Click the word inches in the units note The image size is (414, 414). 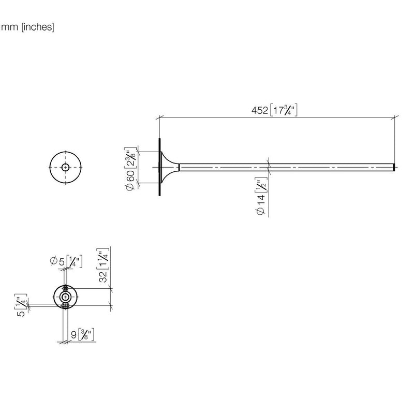(x=37, y=27)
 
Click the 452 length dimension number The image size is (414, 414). (x=260, y=110)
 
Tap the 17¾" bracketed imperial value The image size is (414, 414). (x=284, y=110)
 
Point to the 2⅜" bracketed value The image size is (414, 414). (x=130, y=158)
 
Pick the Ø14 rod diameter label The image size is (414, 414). (x=261, y=204)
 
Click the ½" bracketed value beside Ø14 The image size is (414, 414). (x=261, y=185)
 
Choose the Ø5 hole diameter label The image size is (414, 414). (x=57, y=261)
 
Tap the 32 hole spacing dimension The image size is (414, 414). (x=103, y=276)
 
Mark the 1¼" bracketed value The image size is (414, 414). (x=103, y=258)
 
